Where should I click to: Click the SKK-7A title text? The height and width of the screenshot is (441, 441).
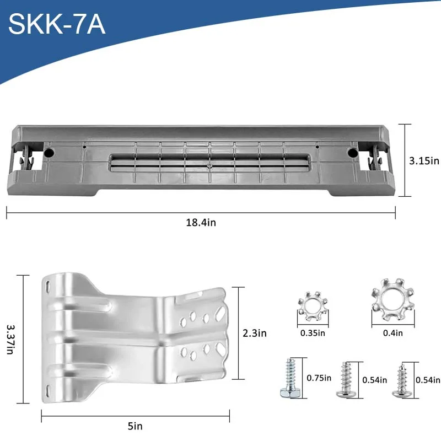pos(57,24)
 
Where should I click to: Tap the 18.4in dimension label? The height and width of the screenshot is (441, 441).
pos(201,223)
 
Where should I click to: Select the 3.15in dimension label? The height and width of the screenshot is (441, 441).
pos(424,160)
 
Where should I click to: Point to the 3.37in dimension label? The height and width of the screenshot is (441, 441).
pos(10,340)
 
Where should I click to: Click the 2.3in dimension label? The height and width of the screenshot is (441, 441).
pos(255,333)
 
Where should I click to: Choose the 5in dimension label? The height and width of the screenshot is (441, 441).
pos(135,426)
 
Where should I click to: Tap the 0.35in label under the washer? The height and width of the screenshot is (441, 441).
pos(313,333)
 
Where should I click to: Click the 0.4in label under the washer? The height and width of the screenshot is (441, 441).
pos(392,333)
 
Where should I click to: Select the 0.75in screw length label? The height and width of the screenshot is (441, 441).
pos(319,378)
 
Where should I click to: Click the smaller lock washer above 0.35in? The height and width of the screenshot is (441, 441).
pos(313,306)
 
